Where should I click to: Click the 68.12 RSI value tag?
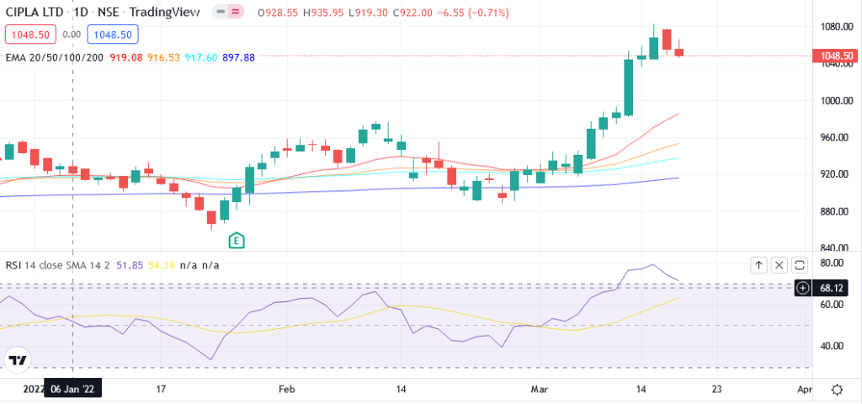pos(831,288)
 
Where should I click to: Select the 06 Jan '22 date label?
pos(72,390)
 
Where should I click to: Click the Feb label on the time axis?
pos(287,390)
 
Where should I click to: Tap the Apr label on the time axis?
pos(804,390)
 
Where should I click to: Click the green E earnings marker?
pos(237,240)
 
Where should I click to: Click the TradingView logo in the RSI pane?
pos(16,361)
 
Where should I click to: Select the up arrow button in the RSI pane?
pos(758,265)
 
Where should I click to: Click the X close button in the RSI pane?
pos(779,265)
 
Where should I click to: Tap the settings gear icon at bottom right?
pos(838,390)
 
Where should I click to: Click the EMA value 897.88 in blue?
pos(238,56)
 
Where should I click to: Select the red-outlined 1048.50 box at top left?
pos(29,35)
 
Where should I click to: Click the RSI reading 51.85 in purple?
pos(129,265)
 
